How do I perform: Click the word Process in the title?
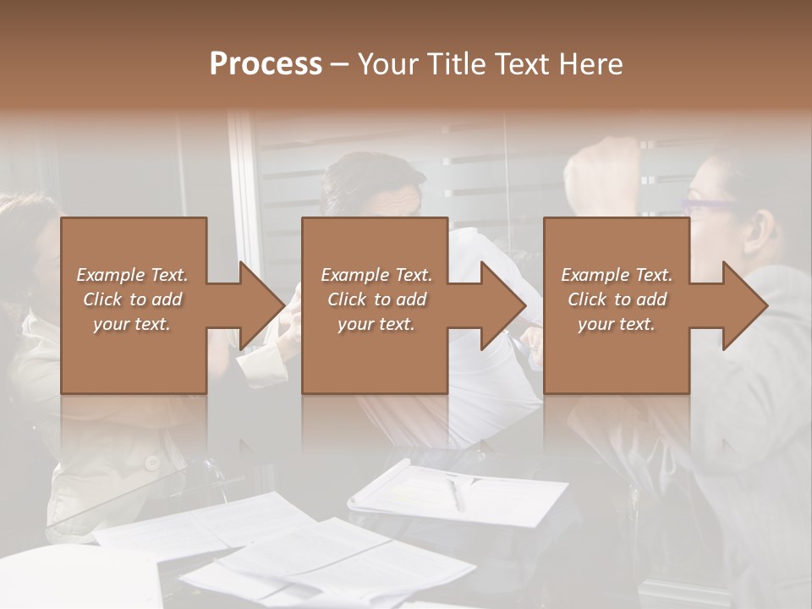pyautogui.click(x=266, y=64)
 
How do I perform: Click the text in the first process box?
pyautogui.click(x=132, y=299)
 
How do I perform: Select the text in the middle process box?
pyautogui.click(x=376, y=299)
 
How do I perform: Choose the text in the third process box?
pyautogui.click(x=617, y=299)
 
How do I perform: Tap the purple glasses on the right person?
pyautogui.click(x=710, y=206)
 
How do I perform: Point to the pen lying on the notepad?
pyautogui.click(x=456, y=493)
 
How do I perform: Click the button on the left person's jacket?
pyautogui.click(x=152, y=462)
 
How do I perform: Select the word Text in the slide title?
pyautogui.click(x=526, y=64)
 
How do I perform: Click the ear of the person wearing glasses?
pyautogui.click(x=763, y=227)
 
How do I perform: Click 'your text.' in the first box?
pyautogui.click(x=132, y=324)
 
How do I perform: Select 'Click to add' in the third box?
pyautogui.click(x=617, y=299)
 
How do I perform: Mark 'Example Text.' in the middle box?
pyautogui.click(x=376, y=275)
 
